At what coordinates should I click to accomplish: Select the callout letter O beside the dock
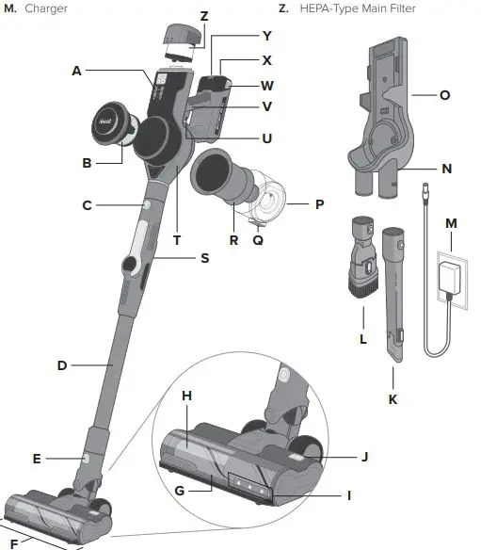pyautogui.click(x=445, y=94)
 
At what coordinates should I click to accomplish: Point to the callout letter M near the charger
pyautogui.click(x=451, y=223)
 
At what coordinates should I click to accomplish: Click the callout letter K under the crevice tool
pyautogui.click(x=393, y=399)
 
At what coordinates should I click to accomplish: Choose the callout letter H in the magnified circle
pyautogui.click(x=186, y=397)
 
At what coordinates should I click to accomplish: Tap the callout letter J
pyautogui.click(x=364, y=457)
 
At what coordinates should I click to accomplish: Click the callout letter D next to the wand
pyautogui.click(x=62, y=364)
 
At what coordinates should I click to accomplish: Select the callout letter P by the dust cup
pyautogui.click(x=319, y=202)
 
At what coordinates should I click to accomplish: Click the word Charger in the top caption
pyautogui.click(x=46, y=8)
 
